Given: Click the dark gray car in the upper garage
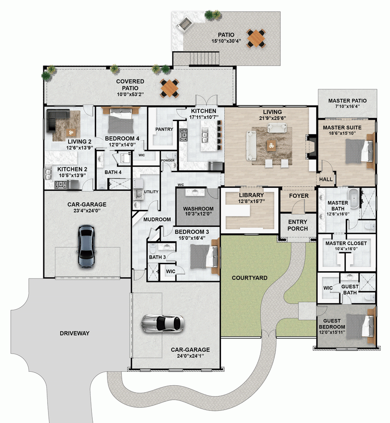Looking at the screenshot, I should pyautogui.click(x=87, y=246).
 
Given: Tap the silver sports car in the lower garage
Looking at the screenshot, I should pyautogui.click(x=163, y=323).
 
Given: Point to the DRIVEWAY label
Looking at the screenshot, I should pyautogui.click(x=74, y=333).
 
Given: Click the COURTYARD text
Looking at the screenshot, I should pyautogui.click(x=249, y=278).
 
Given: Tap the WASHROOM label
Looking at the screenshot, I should pyautogui.click(x=198, y=208).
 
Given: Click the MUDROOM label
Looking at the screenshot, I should pyautogui.click(x=157, y=220).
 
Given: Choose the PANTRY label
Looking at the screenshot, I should pyautogui.click(x=164, y=129).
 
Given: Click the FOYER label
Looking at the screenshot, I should pyautogui.click(x=299, y=196).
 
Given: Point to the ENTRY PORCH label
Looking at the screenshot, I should pyautogui.click(x=298, y=225).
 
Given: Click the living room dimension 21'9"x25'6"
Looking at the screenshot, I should pyautogui.click(x=272, y=118).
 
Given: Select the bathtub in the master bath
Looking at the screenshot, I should pyautogui.click(x=354, y=197).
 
